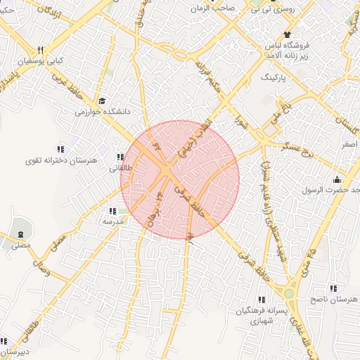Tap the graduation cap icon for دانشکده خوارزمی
pyautogui.click(x=103, y=101)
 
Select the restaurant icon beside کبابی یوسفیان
pyautogui.click(x=41, y=50)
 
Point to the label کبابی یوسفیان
pyautogui.click(x=40, y=61)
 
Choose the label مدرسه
pyautogui.click(x=113, y=221)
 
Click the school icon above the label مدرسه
pyautogui.click(x=112, y=210)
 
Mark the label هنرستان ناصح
pyautogui.click(x=335, y=300)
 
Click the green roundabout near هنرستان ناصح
pyautogui.click(x=288, y=292)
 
